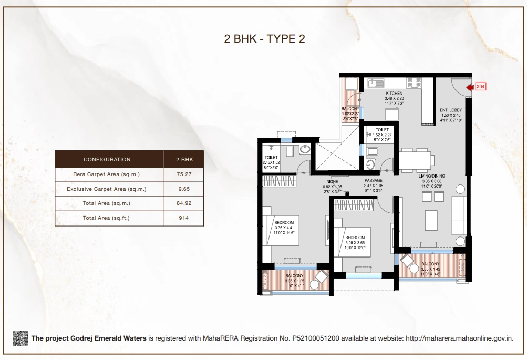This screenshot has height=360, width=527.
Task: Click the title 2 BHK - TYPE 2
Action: click(264, 38)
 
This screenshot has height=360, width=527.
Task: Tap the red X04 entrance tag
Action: click(480, 87)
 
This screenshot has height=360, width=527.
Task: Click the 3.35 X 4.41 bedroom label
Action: click(284, 229)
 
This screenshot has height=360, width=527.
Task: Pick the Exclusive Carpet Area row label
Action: click(107, 189)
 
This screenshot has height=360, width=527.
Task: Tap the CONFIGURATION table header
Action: click(107, 159)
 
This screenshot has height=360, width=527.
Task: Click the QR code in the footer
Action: click(20, 338)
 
